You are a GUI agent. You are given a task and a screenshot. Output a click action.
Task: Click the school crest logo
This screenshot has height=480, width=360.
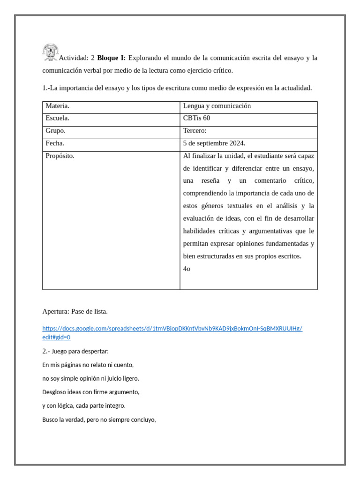point(50,52)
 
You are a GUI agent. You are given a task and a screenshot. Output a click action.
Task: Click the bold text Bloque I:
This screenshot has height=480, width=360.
point(111,58)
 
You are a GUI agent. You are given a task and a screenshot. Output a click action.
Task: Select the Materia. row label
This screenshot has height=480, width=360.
point(58,106)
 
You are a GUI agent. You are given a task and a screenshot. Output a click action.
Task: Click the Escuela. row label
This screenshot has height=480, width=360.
point(57,118)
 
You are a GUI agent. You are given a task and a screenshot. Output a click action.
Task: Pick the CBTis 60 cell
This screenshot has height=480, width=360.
point(196,118)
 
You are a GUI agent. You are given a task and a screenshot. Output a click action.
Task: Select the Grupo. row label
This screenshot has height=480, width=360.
point(55,131)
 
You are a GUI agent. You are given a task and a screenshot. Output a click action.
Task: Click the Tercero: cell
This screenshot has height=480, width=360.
point(195,131)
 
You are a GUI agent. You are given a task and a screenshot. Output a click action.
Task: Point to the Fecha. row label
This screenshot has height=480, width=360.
point(55,143)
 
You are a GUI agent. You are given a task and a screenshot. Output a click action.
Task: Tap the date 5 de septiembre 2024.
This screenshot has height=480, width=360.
point(214,143)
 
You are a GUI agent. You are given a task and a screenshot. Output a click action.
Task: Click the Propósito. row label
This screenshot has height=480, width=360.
point(60,156)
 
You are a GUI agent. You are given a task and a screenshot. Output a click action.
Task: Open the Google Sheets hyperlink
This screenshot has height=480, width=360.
point(172,329)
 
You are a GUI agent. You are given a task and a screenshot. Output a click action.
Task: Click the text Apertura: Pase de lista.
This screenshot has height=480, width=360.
point(75,311)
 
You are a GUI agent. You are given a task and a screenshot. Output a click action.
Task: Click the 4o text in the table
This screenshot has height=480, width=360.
point(187,269)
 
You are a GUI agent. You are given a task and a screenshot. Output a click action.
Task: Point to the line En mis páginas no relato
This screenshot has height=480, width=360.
point(88,365)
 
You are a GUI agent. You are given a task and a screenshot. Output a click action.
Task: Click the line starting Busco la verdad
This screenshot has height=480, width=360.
point(98,420)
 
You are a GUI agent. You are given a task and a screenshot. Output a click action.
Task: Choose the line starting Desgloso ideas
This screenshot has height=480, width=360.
point(90,392)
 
